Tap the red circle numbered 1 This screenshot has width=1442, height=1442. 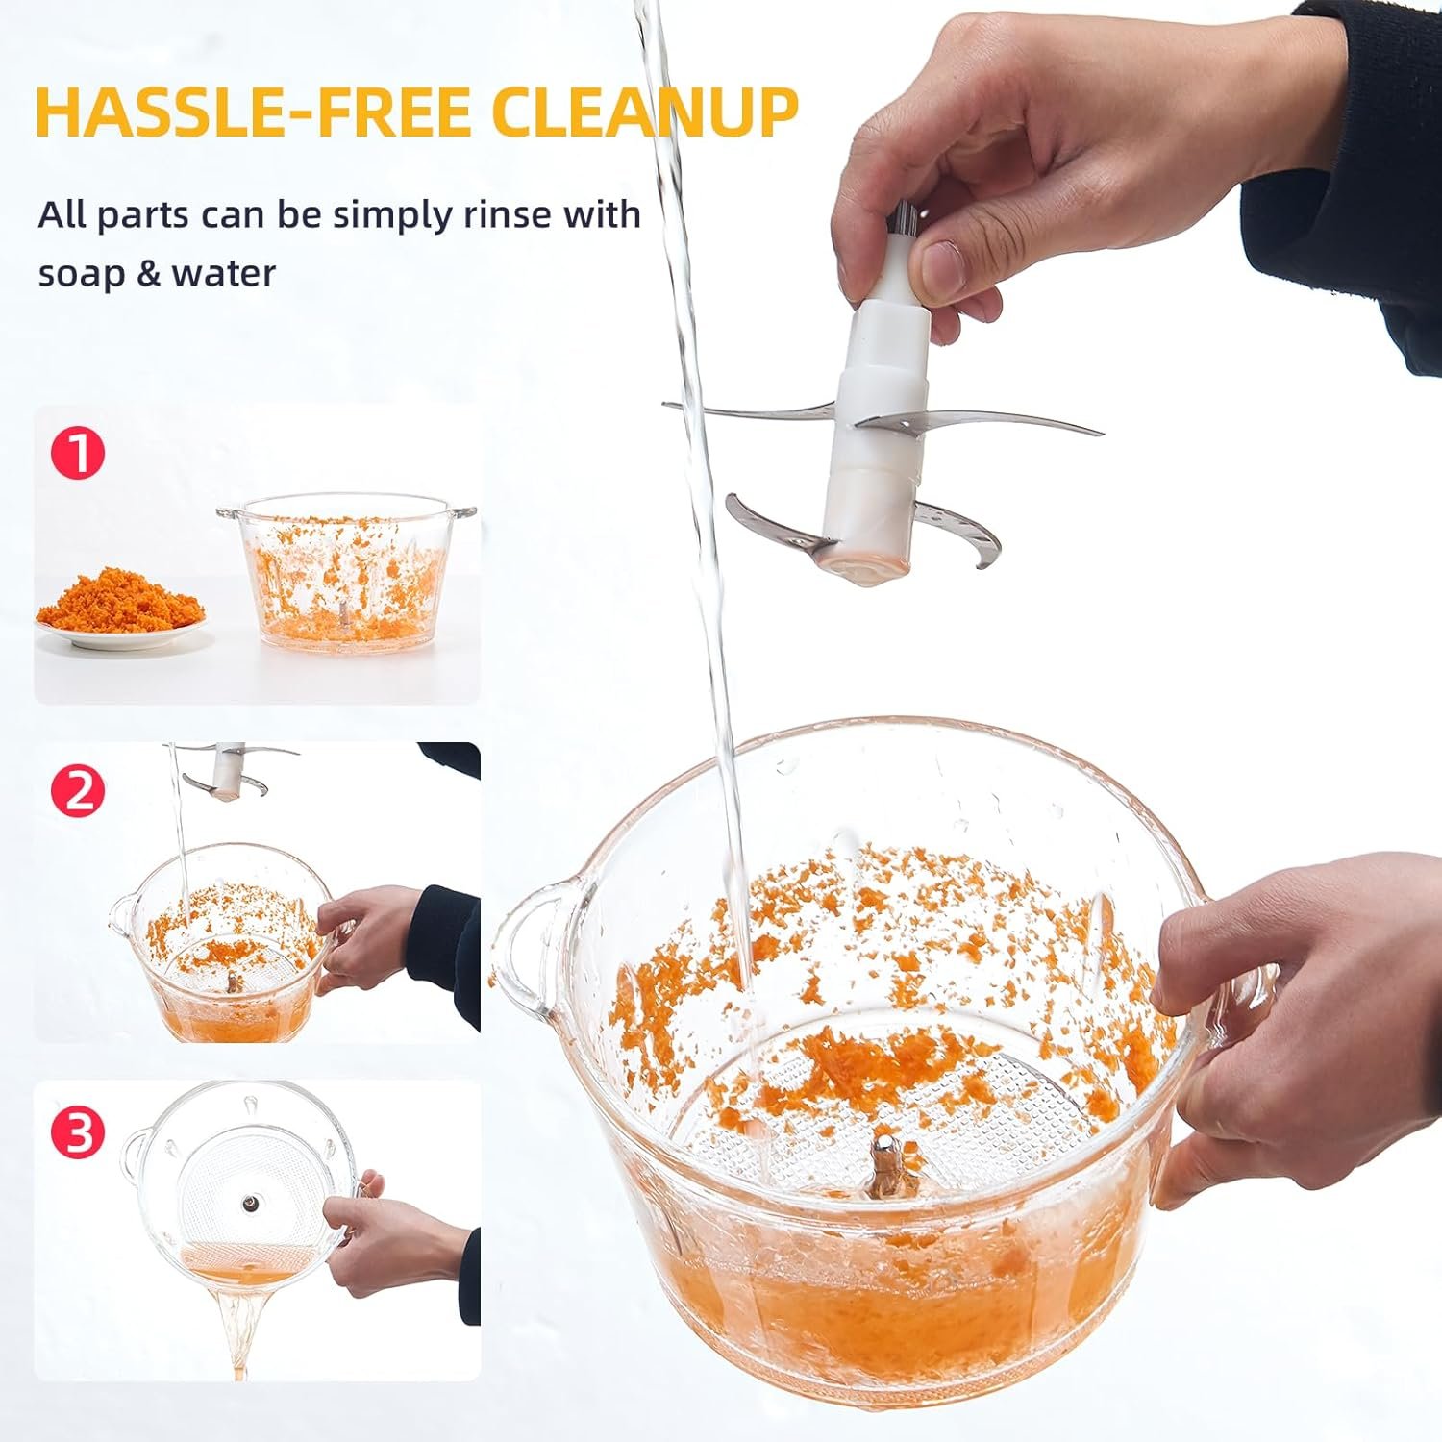(x=78, y=454)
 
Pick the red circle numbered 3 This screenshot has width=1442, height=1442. (x=78, y=1131)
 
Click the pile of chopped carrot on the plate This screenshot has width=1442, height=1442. (x=121, y=596)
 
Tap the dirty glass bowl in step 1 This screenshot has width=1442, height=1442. (x=347, y=571)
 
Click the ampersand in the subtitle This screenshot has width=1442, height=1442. (x=148, y=274)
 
